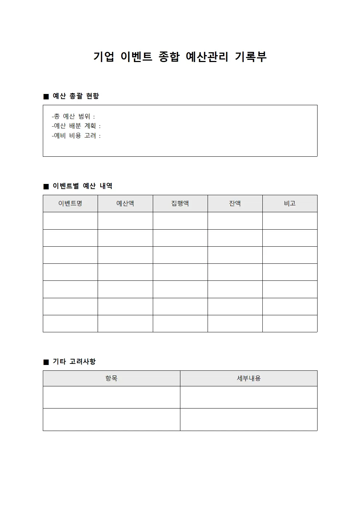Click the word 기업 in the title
[104, 57]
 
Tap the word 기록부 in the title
[251, 57]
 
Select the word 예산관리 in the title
[207, 57]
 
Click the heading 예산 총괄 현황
[76, 96]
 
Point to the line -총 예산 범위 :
[73, 116]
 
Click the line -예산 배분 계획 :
[76, 126]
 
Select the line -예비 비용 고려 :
[76, 136]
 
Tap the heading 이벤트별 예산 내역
[82, 186]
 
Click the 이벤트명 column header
[70, 204]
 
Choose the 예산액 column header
[125, 204]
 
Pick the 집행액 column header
[180, 204]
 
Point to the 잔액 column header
[235, 204]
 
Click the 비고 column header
[290, 204]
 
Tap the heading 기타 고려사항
[74, 362]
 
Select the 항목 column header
[111, 378]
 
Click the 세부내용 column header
[249, 378]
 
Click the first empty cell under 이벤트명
[70, 221]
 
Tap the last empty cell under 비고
[290, 324]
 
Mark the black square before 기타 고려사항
[46, 362]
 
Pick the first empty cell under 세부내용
[249, 397]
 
